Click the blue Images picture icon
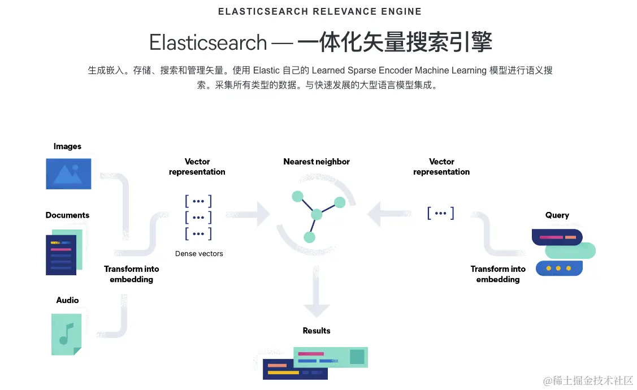point(68,173)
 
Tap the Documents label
point(67,215)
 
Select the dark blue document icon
point(61,255)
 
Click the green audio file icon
point(66,334)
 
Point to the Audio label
point(67,300)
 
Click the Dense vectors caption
point(199,254)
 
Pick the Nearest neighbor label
point(317,162)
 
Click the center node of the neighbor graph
point(317,214)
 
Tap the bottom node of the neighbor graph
point(309,237)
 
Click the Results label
point(317,331)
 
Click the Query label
point(557,215)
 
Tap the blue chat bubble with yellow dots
point(558,268)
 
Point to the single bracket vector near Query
point(441,213)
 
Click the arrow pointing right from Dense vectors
point(249,214)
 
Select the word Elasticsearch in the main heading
point(208,43)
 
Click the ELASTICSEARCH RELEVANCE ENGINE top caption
point(320,11)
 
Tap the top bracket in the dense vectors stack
point(198,201)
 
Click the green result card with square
point(331,357)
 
